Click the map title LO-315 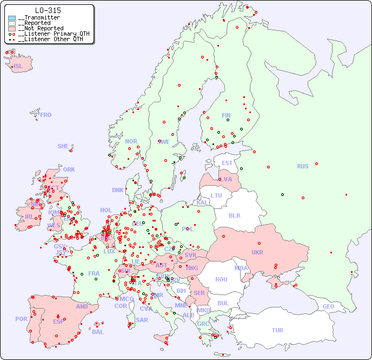[x=48, y=10]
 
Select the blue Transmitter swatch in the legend [x=12, y=18]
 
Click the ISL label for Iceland [x=18, y=67]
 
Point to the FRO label [x=46, y=115]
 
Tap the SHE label [x=63, y=146]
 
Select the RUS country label [x=302, y=166]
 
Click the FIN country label [x=226, y=115]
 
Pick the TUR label [x=277, y=330]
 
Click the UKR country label [x=257, y=252]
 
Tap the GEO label [x=328, y=306]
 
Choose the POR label [x=21, y=319]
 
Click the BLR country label [x=235, y=215]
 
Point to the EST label [x=227, y=163]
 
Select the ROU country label [x=221, y=279]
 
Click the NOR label [x=131, y=141]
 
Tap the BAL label [x=98, y=332]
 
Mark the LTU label [x=216, y=195]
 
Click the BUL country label [x=223, y=303]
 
